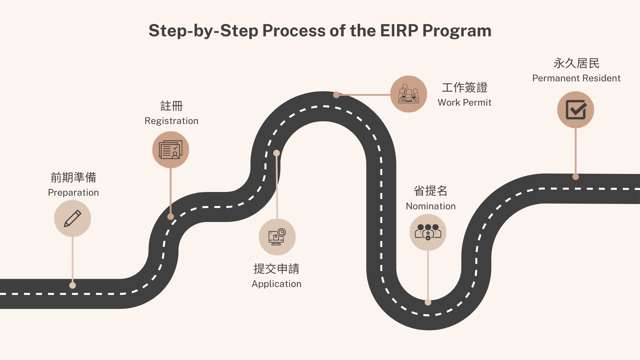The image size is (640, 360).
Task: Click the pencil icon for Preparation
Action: [x=72, y=219]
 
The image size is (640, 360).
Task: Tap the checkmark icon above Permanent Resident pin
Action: [x=576, y=110]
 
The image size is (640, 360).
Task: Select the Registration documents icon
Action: [x=171, y=150]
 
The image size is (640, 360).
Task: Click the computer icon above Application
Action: [x=277, y=237]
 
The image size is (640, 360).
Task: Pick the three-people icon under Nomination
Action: [x=428, y=232]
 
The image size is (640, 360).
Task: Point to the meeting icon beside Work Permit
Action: [x=408, y=94]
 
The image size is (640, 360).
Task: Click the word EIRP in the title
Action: [x=399, y=31]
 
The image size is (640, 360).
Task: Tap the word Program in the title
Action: [x=457, y=31]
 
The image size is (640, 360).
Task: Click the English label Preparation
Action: [x=73, y=193]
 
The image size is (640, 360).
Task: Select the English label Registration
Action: [x=171, y=121]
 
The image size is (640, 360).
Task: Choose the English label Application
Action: [x=276, y=284]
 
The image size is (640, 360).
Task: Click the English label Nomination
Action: [x=431, y=206]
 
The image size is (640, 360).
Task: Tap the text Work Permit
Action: [x=464, y=102]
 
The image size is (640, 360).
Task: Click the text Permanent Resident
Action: [x=576, y=78]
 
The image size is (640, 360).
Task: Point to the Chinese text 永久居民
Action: [x=576, y=63]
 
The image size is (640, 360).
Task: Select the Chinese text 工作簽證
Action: [x=464, y=87]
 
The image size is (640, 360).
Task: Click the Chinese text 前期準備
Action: [x=73, y=177]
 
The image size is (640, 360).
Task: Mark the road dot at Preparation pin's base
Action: [x=72, y=285]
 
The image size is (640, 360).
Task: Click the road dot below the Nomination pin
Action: [x=428, y=302]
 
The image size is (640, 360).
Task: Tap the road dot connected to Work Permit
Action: [x=336, y=95]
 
